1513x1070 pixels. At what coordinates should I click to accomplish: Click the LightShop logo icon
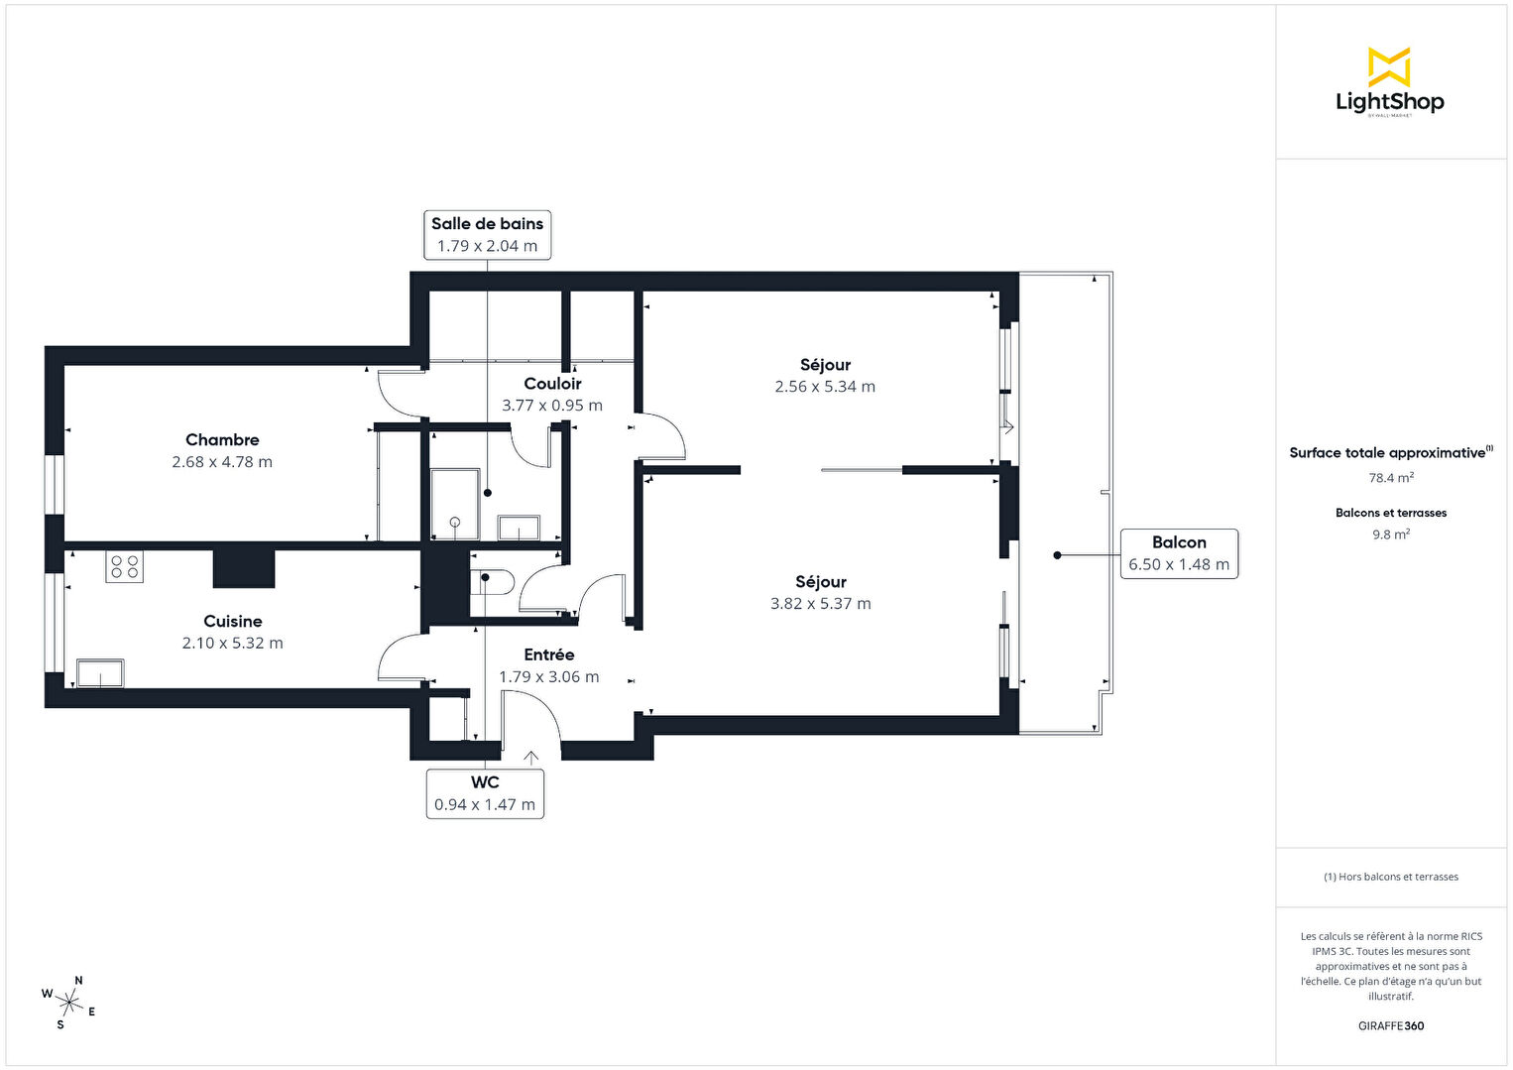tap(1389, 66)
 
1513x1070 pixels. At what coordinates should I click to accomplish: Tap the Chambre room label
tap(222, 439)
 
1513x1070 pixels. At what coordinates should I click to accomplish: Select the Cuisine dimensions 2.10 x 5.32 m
tap(232, 643)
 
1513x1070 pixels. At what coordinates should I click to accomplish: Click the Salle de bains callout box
tap(487, 235)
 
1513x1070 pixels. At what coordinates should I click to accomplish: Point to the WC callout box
tap(485, 793)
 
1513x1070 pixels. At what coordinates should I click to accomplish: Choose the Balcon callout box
tap(1179, 554)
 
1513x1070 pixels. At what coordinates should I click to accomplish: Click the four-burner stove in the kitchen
tap(124, 567)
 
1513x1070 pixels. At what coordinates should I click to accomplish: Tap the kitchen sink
tap(100, 672)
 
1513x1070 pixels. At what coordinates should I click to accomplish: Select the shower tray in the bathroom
tap(455, 505)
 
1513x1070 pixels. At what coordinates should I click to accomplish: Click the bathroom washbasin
tap(519, 528)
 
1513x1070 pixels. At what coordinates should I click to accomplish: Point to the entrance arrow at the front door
tap(530, 758)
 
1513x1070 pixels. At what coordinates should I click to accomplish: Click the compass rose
tap(68, 1003)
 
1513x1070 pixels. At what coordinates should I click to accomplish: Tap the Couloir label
tap(552, 384)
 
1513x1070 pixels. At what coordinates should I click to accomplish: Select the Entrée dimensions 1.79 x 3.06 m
tap(549, 677)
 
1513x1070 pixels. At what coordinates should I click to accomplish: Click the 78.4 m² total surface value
tap(1391, 478)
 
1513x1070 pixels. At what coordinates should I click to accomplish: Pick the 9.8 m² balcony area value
tap(1391, 535)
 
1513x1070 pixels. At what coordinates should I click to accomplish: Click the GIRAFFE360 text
tap(1391, 1025)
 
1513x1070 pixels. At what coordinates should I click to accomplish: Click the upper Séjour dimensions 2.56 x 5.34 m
tap(825, 387)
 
